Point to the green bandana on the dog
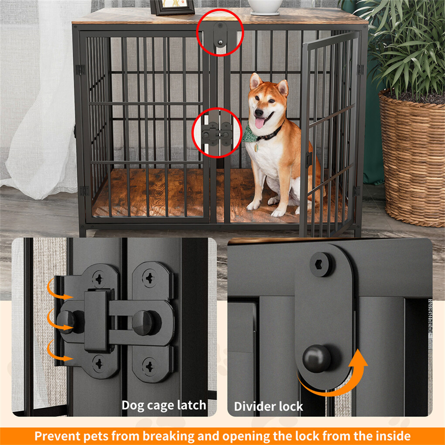pos(250,133)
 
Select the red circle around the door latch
pos(217,133)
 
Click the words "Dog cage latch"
pos(164,405)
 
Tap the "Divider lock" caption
pos(268,407)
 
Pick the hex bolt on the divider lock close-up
pos(322,264)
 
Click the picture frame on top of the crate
pos(172,7)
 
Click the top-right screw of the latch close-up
pos(149,278)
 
